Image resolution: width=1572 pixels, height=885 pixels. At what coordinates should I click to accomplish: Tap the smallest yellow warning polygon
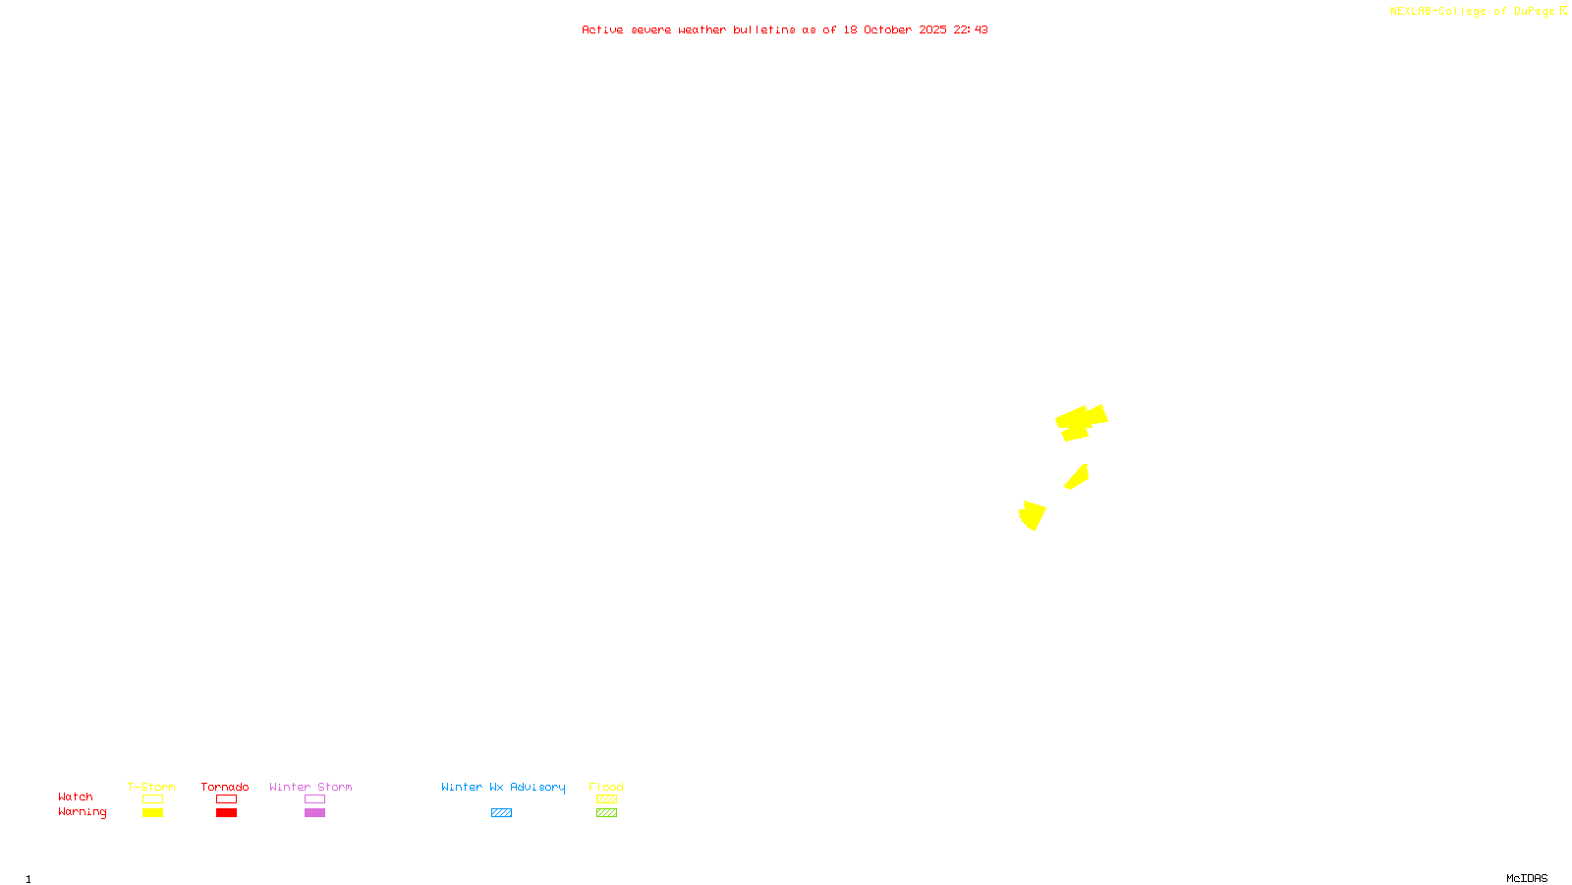(1078, 478)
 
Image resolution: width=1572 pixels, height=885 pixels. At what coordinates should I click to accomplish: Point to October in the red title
(887, 29)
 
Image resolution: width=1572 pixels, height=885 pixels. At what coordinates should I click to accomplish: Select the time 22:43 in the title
(971, 29)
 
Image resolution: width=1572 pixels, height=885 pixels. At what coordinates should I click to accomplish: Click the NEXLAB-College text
(1437, 11)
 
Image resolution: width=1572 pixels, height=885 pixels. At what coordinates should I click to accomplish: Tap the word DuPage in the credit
(1534, 11)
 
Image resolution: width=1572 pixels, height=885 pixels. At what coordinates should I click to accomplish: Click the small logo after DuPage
(1564, 11)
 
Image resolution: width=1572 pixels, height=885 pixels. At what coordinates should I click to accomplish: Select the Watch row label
(76, 796)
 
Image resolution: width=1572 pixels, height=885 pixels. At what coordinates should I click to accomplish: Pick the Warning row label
(82, 812)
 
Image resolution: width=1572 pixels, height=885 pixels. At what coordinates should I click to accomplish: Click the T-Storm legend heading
(151, 787)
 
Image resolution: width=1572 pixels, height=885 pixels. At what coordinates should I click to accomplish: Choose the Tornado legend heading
(225, 787)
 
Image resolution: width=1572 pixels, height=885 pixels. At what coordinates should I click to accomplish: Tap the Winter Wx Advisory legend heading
(503, 787)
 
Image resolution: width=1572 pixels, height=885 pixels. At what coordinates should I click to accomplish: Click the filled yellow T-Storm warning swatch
(152, 813)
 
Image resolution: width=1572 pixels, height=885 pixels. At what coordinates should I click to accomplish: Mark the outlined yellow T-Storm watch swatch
(152, 799)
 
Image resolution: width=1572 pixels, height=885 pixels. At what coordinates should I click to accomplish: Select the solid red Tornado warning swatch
(226, 813)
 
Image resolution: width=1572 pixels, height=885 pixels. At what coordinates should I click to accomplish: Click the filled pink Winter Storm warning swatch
(314, 813)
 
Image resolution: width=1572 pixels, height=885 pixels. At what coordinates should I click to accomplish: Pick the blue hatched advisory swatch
(501, 813)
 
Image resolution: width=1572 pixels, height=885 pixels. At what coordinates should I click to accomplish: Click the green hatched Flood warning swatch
(606, 813)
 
